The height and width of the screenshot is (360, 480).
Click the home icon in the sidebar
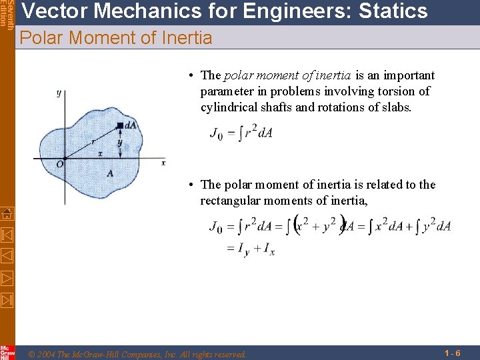pos(7,214)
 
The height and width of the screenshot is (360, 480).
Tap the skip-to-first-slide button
pos(7,235)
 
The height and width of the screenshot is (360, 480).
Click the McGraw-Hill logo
pos(7,352)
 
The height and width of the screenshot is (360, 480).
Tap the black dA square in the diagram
pos(120,125)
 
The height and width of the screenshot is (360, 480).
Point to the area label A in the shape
pos(109,173)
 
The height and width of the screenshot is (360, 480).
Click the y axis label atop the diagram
pos(59,93)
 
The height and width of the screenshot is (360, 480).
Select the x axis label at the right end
pos(163,162)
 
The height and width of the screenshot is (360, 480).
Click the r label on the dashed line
pos(93,141)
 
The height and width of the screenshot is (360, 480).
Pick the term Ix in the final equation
pos(269,250)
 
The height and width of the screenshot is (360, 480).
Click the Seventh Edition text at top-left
pos(7,13)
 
